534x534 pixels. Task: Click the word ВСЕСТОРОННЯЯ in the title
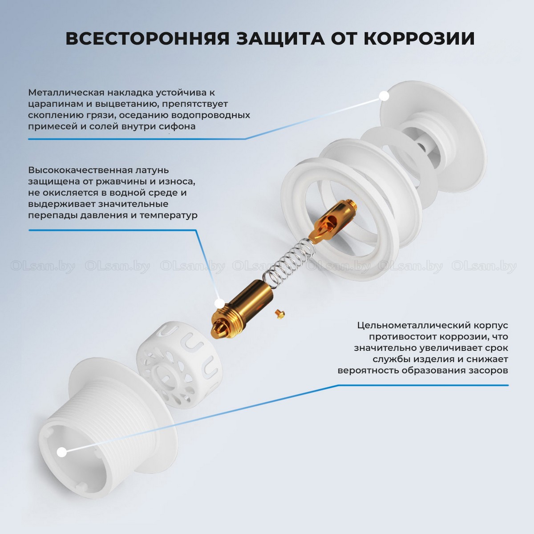tap(147, 39)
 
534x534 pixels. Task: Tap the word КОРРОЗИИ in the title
tap(419, 39)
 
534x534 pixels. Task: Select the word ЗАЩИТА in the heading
tap(280, 39)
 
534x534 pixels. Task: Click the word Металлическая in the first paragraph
tap(66, 92)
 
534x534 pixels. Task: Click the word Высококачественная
tap(78, 170)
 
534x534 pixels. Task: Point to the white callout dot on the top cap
tap(384, 96)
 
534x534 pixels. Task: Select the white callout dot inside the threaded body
tap(62, 453)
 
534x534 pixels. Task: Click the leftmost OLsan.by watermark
tap(43, 267)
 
